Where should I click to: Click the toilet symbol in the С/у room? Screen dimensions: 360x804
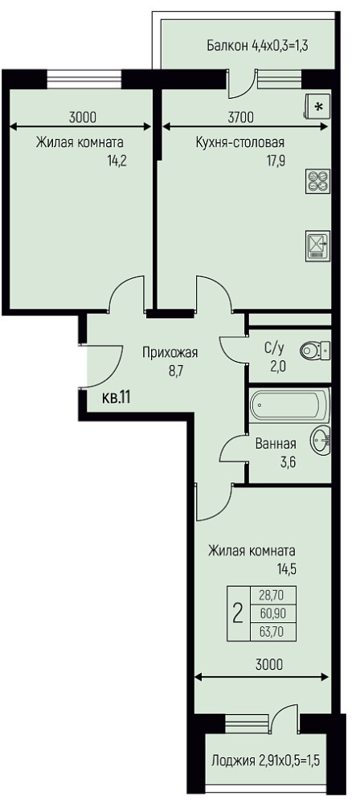(315, 351)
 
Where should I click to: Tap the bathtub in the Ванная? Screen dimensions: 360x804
(290, 405)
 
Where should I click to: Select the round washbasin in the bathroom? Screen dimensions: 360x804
(321, 441)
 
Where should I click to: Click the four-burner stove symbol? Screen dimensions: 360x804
(317, 182)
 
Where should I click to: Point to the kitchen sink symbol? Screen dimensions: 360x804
(317, 245)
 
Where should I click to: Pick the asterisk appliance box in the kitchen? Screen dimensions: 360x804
(317, 107)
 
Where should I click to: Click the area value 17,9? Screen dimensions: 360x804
(275, 160)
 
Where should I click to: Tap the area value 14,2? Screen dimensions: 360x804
(117, 160)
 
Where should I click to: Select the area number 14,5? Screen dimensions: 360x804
(287, 568)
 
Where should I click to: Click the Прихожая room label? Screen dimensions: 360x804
(170, 353)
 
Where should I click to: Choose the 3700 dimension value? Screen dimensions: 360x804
(240, 117)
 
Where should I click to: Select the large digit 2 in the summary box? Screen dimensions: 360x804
(237, 613)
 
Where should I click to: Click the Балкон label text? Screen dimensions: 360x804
(227, 46)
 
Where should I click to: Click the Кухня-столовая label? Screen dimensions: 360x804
(240, 142)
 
